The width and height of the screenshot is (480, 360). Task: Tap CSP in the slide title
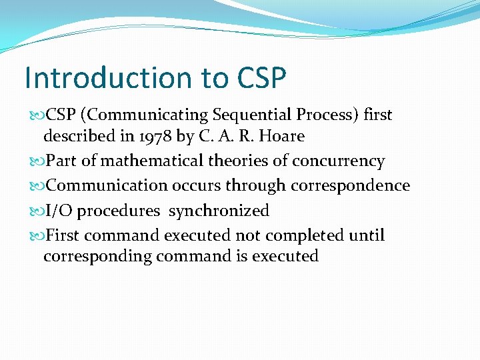pos(261,77)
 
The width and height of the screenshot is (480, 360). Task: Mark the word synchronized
pos(219,211)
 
